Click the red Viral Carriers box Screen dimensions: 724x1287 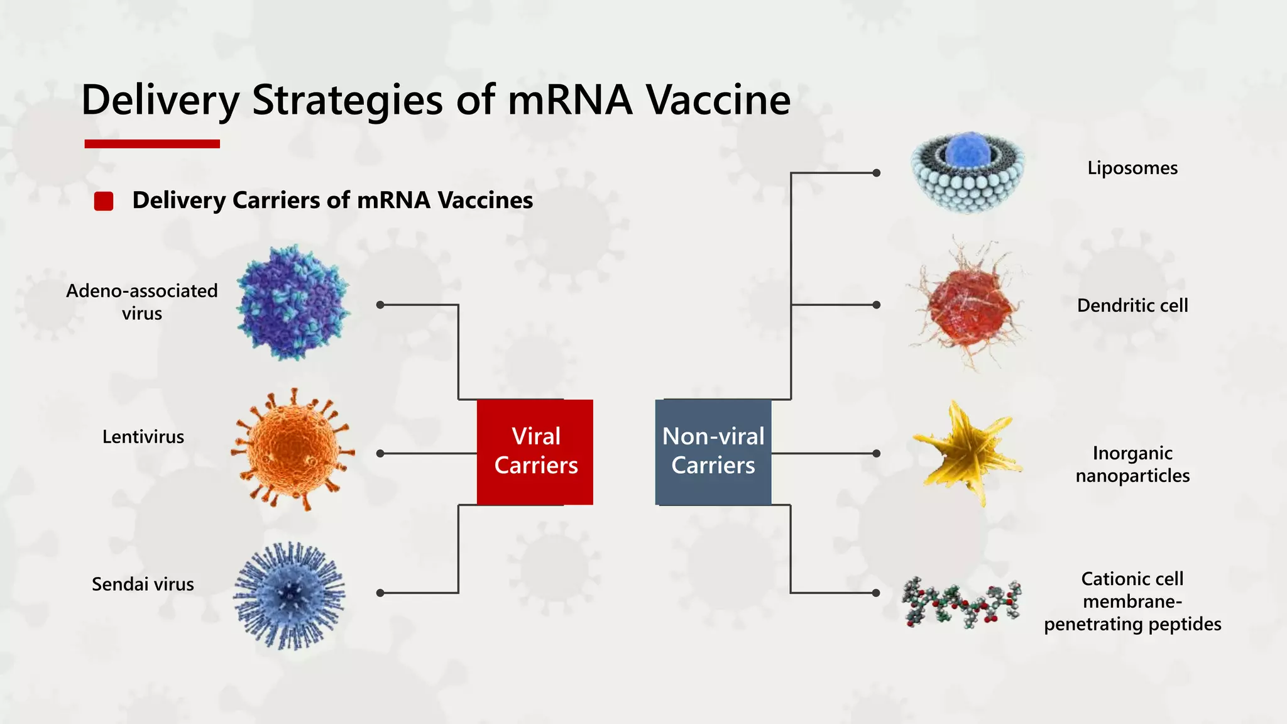535,452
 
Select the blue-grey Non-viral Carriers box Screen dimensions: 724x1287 713,452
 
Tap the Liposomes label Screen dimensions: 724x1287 1132,168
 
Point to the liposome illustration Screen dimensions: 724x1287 968,173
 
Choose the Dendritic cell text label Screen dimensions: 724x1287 1132,306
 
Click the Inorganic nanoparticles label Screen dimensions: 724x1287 1132,464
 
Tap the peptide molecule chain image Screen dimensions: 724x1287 961,603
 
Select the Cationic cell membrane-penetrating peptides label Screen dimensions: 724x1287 1132,601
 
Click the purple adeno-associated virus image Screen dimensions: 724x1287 293,304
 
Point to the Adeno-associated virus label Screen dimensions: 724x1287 142,302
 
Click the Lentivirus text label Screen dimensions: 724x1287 143,437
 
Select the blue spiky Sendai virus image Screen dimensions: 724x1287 290,595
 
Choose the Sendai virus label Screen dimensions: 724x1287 143,584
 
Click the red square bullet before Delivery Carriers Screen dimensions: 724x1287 104,201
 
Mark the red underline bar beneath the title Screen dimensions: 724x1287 152,144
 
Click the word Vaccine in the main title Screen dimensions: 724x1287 718,101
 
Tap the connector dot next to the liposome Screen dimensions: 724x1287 877,173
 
